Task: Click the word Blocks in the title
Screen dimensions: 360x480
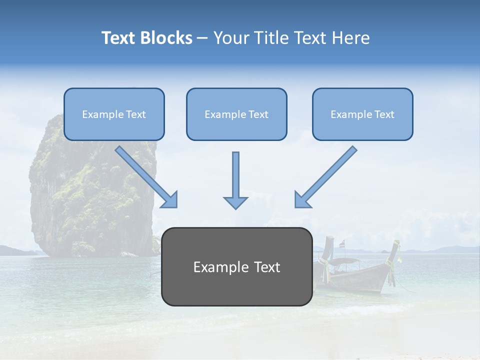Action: click(166, 38)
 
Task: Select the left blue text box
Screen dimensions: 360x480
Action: click(114, 114)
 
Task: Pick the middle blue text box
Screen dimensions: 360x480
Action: click(236, 114)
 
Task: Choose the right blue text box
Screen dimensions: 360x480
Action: click(362, 114)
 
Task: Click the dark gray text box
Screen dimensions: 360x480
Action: click(236, 266)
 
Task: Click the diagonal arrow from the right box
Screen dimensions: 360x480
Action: click(325, 177)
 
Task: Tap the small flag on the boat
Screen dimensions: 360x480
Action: click(342, 244)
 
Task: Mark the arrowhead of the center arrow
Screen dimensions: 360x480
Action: click(235, 202)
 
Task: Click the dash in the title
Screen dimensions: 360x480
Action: click(202, 38)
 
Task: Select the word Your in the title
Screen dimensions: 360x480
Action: click(231, 38)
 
